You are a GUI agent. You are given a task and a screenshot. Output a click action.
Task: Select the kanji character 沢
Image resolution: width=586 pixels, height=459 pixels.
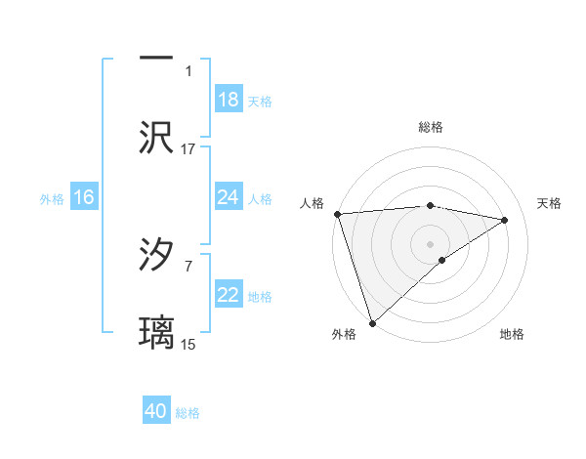pyautogui.click(x=157, y=138)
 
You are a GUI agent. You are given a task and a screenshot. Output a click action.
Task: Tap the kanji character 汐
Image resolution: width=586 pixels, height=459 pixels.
pyautogui.click(x=157, y=255)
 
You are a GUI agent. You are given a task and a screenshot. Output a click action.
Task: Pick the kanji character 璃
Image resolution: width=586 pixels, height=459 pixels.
pyautogui.click(x=157, y=332)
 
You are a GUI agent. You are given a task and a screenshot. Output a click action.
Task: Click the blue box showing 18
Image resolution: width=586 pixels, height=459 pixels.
pyautogui.click(x=228, y=100)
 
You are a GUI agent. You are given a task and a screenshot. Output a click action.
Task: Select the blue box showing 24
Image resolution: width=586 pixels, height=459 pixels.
pyautogui.click(x=228, y=197)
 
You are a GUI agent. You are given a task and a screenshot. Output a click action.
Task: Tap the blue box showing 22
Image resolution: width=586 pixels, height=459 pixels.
pyautogui.click(x=228, y=295)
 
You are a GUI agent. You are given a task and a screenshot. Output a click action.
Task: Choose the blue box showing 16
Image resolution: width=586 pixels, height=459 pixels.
pyautogui.click(x=83, y=197)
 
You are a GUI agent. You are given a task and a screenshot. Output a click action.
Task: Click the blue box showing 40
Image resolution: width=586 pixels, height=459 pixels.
pyautogui.click(x=156, y=411)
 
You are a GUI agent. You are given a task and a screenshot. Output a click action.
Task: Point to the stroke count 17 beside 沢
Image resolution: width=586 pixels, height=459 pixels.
pyautogui.click(x=188, y=148)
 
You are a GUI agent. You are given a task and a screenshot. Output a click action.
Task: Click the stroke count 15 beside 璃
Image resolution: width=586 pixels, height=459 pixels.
pyautogui.click(x=188, y=344)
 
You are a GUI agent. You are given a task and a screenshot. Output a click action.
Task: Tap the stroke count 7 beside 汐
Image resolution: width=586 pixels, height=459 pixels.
pyautogui.click(x=188, y=265)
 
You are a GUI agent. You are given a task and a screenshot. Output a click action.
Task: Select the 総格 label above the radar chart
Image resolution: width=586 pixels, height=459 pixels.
pyautogui.click(x=431, y=127)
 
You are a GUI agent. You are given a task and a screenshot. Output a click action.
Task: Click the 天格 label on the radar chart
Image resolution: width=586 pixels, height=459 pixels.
pyautogui.click(x=550, y=203)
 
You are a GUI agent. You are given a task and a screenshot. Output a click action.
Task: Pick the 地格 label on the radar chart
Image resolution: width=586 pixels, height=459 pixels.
pyautogui.click(x=512, y=334)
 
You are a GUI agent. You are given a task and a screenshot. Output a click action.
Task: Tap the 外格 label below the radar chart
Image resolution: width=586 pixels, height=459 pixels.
pyautogui.click(x=344, y=334)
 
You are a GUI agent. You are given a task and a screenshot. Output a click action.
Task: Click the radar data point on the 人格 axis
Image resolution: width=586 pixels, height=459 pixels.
pyautogui.click(x=337, y=214)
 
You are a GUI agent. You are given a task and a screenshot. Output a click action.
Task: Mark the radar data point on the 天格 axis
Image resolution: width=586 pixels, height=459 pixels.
pyautogui.click(x=505, y=220)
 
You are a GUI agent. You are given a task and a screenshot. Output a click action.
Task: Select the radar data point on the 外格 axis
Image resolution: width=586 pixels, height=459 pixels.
pyautogui.click(x=372, y=322)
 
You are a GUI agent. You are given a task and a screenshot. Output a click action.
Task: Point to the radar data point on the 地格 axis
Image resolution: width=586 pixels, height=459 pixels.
pyautogui.click(x=442, y=260)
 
